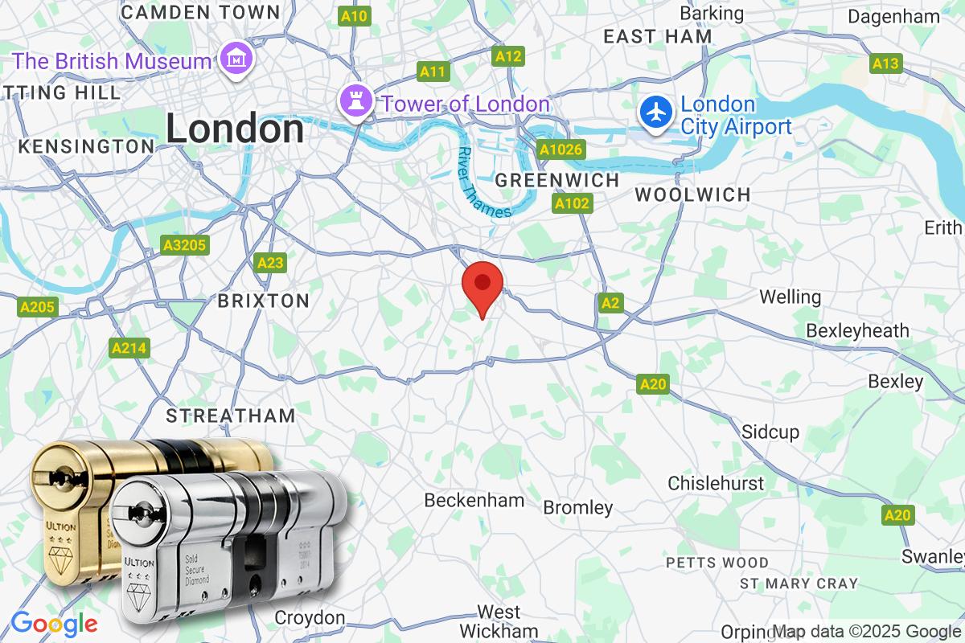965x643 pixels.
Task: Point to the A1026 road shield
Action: (561, 149)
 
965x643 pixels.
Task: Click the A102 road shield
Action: (573, 204)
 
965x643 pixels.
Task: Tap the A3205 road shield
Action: (184, 245)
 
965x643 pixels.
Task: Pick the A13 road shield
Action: (886, 63)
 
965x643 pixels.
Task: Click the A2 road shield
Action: (610, 303)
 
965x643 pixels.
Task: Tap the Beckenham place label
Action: (474, 500)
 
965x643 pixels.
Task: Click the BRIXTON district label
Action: (264, 301)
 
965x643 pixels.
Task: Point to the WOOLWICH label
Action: (692, 195)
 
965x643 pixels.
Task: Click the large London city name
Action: (235, 129)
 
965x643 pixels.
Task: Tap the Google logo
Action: (54, 624)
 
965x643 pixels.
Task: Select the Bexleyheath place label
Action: (857, 330)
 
